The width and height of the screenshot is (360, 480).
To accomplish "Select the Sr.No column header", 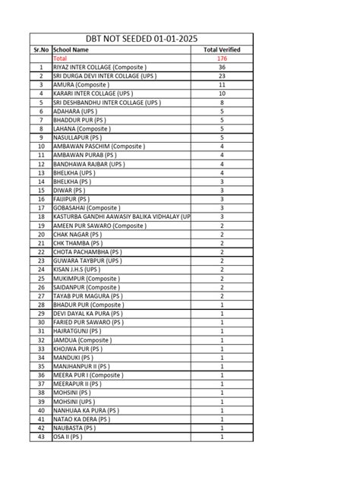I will pyautogui.click(x=40, y=49).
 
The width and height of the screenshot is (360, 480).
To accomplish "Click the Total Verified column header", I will pyautogui.click(x=222, y=49).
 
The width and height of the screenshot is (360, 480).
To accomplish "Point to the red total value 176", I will pyautogui.click(x=222, y=58).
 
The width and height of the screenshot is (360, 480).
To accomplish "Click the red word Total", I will pyautogui.click(x=60, y=58).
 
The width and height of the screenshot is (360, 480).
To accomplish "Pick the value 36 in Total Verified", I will pyautogui.click(x=222, y=68).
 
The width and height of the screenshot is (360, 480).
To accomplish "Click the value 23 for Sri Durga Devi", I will pyautogui.click(x=222, y=76).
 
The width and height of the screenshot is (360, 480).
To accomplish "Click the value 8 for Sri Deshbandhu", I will pyautogui.click(x=222, y=103).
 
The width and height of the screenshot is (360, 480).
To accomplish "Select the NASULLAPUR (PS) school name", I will pyautogui.click(x=76, y=137).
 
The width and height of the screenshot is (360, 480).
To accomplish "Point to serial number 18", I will pyautogui.click(x=40, y=216).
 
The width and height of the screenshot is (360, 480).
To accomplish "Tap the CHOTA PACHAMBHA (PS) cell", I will pyautogui.click(x=86, y=252).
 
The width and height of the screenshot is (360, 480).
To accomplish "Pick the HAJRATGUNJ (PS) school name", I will pyautogui.click(x=76, y=331).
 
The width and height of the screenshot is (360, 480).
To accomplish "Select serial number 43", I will pyautogui.click(x=40, y=437).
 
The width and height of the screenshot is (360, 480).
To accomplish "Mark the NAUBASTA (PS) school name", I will pyautogui.click(x=73, y=428).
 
